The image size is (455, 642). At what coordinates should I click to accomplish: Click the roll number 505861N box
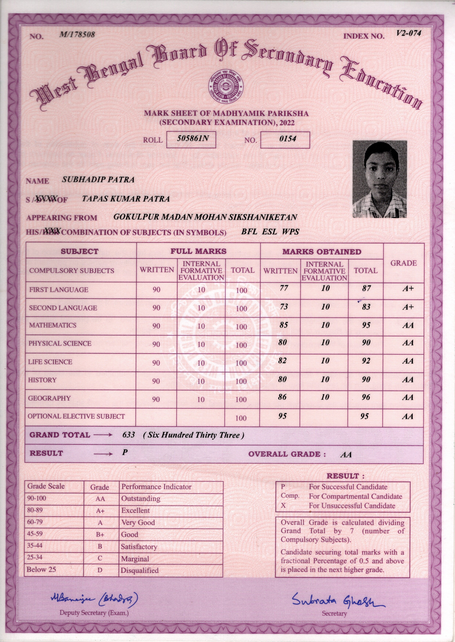pos(191,140)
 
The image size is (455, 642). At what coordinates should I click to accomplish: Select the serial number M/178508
pos(77,35)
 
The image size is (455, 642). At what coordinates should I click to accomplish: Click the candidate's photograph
pos(379,179)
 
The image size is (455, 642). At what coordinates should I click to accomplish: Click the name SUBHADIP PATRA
pos(98,180)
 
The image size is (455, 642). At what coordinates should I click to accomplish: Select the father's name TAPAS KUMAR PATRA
pos(126,199)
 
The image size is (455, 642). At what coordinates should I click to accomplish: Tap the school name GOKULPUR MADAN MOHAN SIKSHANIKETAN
pos(205,217)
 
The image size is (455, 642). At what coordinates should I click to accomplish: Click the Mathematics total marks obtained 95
pos(366,325)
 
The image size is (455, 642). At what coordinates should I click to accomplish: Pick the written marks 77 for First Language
pos(284,288)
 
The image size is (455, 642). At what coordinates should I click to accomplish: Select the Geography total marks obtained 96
pos(366,397)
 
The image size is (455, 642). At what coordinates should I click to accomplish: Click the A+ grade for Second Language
pos(408,307)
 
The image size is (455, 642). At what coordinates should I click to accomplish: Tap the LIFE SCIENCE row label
pos(50,362)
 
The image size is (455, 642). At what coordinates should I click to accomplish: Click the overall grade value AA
pos(346,454)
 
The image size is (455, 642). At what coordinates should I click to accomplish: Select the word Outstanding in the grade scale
pos(141,498)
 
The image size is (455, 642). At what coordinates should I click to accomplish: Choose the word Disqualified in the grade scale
pos(140,570)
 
